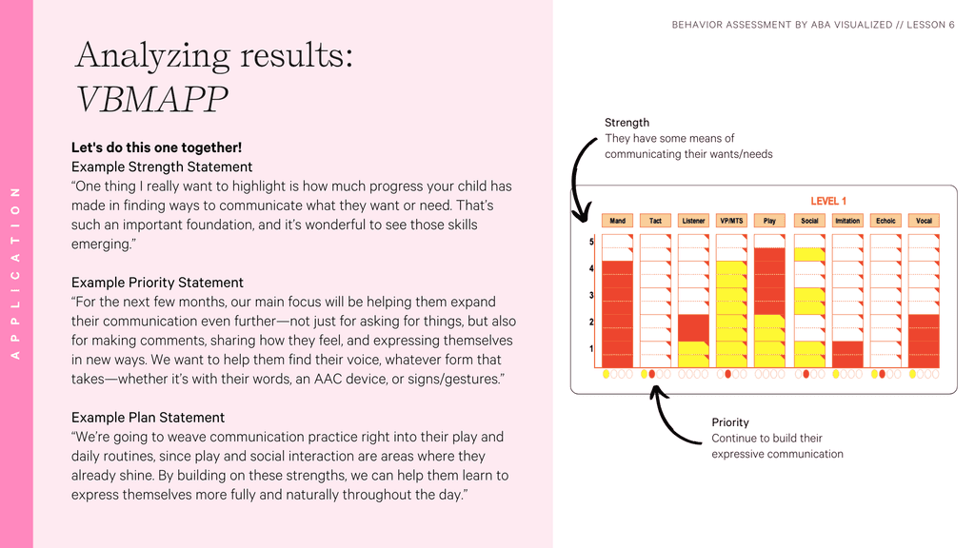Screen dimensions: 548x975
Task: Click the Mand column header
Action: [617, 221]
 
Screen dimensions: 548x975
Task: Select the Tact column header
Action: [655, 221]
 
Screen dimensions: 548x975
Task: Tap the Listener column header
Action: [693, 221]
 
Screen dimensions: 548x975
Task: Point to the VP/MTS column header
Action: [731, 221]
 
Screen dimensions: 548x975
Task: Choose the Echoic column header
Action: [885, 221]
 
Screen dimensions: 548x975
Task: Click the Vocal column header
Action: [924, 221]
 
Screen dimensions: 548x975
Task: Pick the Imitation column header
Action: [846, 221]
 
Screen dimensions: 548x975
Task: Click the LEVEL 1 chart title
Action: [827, 202]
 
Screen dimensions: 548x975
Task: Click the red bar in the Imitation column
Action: [846, 354]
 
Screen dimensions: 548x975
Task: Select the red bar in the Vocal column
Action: [924, 341]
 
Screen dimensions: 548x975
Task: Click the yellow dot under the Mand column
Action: [607, 375]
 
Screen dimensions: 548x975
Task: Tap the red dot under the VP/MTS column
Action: [728, 375]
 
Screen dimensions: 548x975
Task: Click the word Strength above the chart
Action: [627, 123]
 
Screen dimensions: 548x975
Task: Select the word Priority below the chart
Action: [730, 422]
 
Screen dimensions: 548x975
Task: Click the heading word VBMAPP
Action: [151, 98]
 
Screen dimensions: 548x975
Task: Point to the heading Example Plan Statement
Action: [148, 418]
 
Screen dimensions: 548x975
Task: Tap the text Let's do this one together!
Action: [156, 147]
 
